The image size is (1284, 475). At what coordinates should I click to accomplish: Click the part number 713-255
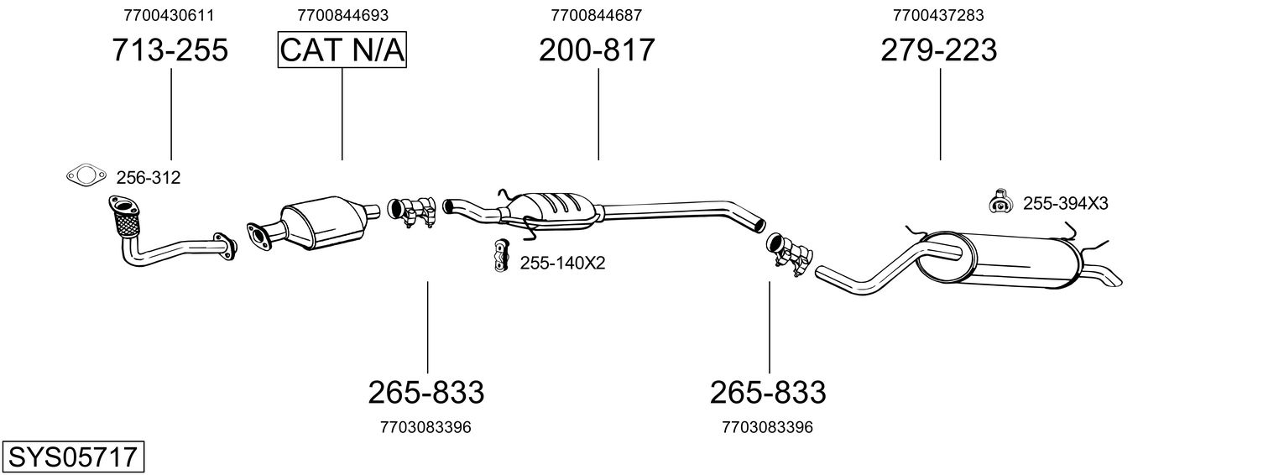(170, 50)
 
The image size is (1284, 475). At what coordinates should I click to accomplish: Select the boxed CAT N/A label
(342, 50)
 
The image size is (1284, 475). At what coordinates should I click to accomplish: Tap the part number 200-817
(597, 50)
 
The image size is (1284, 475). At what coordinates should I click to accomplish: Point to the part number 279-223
(939, 50)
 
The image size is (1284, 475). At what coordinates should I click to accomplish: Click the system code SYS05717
(72, 457)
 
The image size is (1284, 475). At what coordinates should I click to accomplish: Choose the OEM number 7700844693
(342, 15)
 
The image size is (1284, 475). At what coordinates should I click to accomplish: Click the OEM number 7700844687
(597, 15)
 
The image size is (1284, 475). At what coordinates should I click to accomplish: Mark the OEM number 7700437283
(939, 15)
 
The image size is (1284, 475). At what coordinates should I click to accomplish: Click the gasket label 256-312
(149, 178)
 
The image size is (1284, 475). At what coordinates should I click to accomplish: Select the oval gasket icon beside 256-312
(86, 175)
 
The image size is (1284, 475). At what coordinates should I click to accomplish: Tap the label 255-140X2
(562, 264)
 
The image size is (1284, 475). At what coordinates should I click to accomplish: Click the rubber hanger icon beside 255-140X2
(501, 256)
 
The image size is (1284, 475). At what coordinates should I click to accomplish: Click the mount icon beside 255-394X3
(1000, 201)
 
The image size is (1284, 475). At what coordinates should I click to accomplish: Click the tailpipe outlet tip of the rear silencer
(1109, 277)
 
